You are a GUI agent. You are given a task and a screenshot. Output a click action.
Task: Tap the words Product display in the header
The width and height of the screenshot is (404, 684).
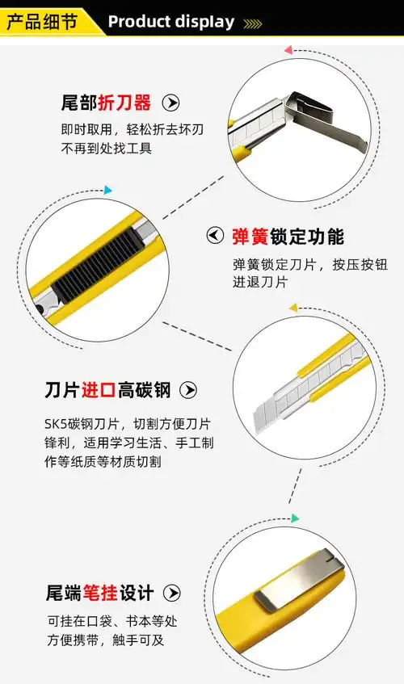(x=170, y=22)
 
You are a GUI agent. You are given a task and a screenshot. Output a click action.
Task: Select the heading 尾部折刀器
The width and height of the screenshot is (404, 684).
(x=106, y=103)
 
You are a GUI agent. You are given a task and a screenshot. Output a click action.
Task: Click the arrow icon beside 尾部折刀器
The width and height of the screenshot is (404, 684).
(x=170, y=103)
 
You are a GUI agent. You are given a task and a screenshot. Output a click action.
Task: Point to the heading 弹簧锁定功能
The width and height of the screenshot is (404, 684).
(x=288, y=237)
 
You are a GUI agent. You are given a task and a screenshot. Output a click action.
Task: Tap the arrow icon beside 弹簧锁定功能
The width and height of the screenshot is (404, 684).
(x=215, y=236)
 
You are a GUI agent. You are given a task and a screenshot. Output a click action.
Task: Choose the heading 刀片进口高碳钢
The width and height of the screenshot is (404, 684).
(x=107, y=391)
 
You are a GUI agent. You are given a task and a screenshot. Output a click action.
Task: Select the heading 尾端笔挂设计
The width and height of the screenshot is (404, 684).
(x=99, y=594)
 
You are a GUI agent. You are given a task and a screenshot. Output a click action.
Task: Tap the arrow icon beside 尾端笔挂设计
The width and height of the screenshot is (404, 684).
(x=172, y=594)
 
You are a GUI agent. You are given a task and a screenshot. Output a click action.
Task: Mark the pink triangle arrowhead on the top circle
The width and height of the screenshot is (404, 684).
(x=288, y=51)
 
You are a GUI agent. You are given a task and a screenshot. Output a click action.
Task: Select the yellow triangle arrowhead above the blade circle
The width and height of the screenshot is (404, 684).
(x=293, y=308)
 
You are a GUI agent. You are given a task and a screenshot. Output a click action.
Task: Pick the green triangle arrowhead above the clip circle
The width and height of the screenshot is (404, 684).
(x=296, y=518)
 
